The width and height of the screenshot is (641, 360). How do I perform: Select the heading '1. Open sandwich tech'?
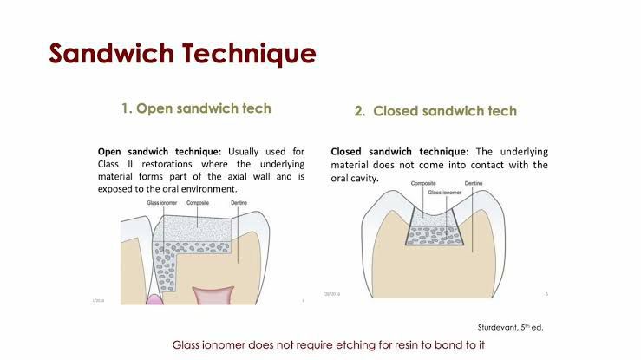(196, 109)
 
